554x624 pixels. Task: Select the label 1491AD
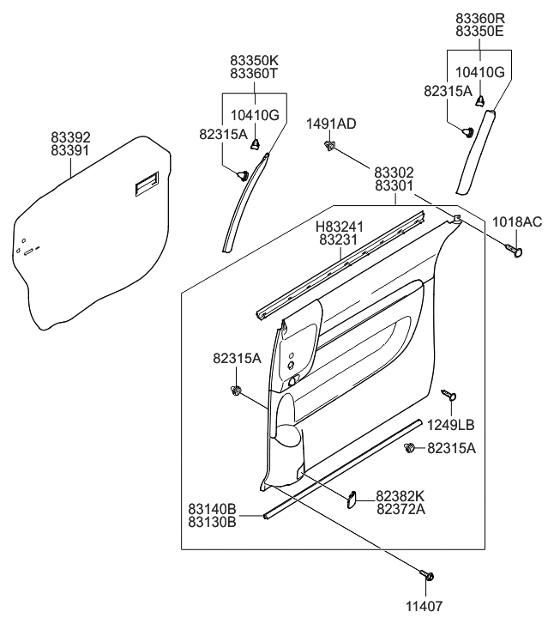pos(331,124)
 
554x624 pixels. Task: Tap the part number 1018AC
pos(517,222)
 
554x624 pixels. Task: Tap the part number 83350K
pos(254,61)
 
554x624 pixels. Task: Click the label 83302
pos(394,172)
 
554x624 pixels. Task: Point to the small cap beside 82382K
pos(352,499)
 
